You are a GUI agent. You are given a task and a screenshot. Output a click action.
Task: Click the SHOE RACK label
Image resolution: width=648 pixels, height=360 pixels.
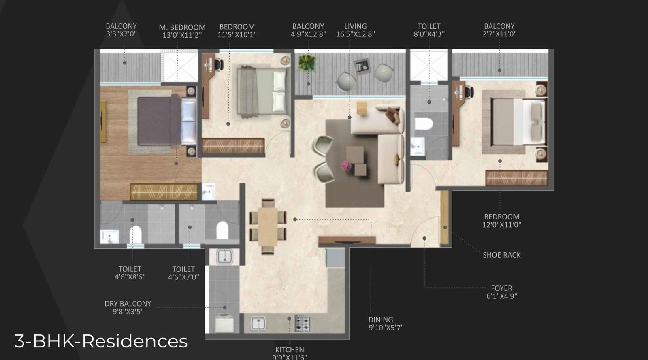pos(501,255)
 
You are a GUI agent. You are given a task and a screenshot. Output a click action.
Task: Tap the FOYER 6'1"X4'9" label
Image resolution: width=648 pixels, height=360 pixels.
pos(501,292)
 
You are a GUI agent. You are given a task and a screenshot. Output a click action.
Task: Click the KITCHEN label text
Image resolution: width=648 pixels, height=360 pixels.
pos(290,350)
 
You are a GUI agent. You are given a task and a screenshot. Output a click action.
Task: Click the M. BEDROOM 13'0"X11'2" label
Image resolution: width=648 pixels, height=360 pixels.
pos(182,31)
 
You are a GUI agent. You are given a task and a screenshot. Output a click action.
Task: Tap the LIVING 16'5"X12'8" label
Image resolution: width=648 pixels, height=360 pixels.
pos(355,30)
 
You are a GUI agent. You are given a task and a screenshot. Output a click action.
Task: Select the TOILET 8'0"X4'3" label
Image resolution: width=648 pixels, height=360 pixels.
pos(429,30)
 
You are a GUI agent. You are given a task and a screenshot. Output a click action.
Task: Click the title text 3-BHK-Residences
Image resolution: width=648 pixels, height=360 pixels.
pos(101,341)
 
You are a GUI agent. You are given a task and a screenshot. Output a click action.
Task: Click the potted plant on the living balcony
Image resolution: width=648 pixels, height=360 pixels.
pos(307,63)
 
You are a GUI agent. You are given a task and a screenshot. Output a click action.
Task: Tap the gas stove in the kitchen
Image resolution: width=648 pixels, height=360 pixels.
pos(302,323)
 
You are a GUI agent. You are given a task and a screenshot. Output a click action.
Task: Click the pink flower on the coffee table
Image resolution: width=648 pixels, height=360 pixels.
pos(346,165)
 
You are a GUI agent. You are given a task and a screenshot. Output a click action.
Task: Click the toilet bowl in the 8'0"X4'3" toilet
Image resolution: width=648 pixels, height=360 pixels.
pos(424,124)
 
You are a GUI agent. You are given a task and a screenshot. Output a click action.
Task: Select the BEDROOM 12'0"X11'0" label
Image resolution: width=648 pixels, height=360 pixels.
pos(501,221)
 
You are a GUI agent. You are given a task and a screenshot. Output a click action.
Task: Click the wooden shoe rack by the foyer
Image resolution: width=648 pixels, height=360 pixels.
pos(444,217)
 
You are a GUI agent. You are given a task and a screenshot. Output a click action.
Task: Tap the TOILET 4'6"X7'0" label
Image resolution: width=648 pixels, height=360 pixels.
pos(183,273)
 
